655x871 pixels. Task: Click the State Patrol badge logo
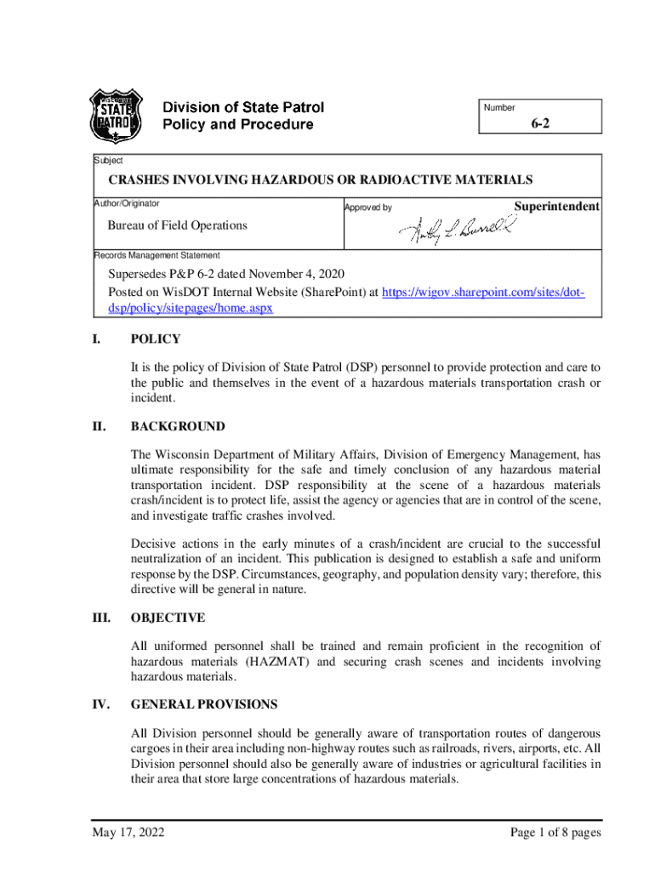[x=116, y=117]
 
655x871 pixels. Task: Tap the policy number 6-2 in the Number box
[x=541, y=124]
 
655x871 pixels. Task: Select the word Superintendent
[x=557, y=207]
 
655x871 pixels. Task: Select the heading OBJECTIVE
[x=168, y=618]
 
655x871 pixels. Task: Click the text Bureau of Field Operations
[x=177, y=225]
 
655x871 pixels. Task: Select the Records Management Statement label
[x=157, y=255]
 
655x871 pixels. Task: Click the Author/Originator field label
[x=127, y=203]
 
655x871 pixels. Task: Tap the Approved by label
[x=367, y=208]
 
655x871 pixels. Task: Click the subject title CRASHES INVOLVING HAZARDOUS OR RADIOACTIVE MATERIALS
[x=320, y=179]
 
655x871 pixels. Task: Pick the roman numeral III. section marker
[x=103, y=618]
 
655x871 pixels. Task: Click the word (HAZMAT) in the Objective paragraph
[x=258, y=661]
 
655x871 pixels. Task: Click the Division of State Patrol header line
[x=243, y=108]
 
